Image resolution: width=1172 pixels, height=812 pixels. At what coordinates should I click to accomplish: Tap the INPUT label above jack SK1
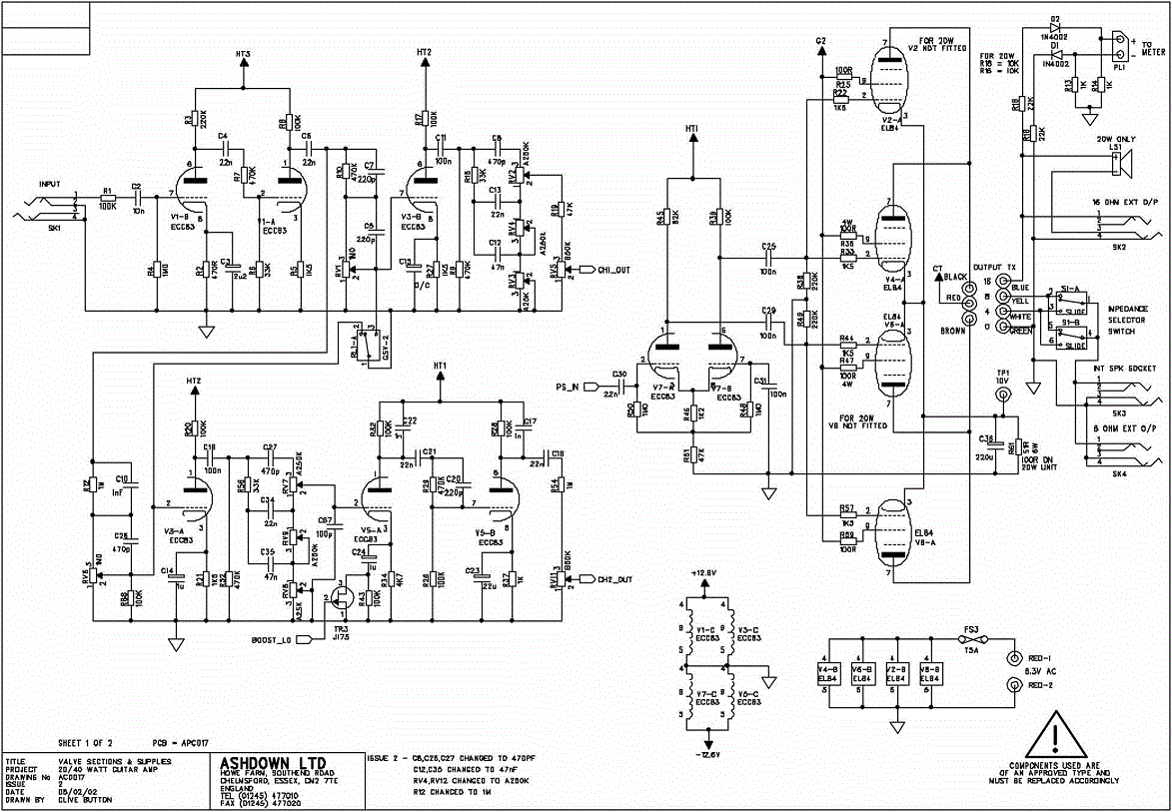(50, 184)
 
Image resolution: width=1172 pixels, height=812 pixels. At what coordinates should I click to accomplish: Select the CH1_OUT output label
(612, 270)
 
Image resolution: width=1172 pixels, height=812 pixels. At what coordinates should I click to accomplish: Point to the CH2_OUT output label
(612, 579)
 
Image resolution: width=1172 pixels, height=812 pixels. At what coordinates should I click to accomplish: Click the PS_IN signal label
(567, 386)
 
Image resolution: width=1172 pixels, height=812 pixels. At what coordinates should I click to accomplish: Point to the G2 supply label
(820, 41)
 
